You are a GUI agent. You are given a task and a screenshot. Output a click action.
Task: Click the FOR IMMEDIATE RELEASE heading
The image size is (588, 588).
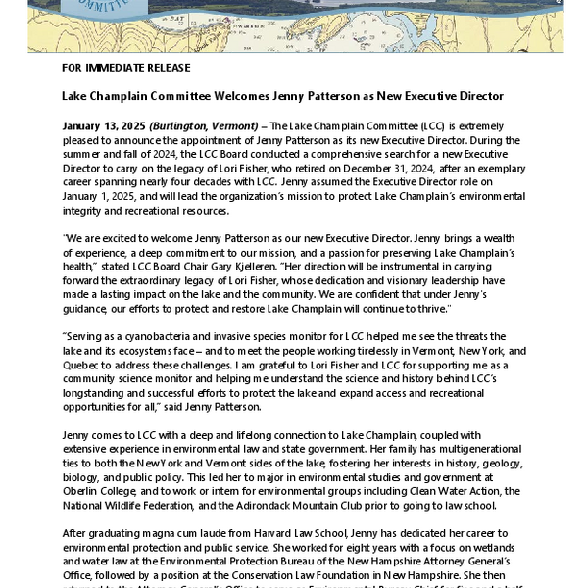(125, 68)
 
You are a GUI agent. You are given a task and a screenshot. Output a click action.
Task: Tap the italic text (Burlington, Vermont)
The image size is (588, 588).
(205, 126)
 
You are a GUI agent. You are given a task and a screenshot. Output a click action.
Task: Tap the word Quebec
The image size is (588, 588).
(82, 364)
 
